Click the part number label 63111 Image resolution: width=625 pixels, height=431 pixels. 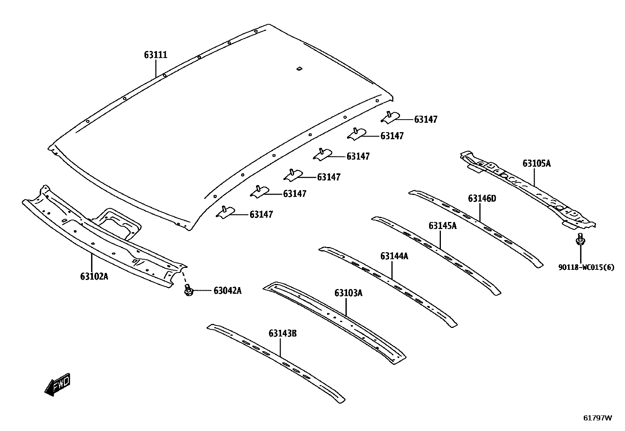[155, 55]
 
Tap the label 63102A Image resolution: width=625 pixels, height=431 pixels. [94, 276]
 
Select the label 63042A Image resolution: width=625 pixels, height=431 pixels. [228, 291]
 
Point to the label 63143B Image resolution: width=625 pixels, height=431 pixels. [283, 334]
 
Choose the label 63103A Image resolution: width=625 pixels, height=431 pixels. [348, 293]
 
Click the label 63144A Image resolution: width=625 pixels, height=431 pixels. [394, 256]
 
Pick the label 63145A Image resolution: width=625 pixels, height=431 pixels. [442, 226]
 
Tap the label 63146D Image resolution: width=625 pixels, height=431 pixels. [482, 199]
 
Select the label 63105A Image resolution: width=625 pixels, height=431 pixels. [536, 164]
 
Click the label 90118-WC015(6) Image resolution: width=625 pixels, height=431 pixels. [586, 267]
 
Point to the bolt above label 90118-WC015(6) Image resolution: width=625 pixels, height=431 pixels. [580, 239]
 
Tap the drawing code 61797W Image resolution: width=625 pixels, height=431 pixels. [597, 418]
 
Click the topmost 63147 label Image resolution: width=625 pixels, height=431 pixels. [426, 120]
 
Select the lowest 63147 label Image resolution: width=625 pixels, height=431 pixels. [261, 215]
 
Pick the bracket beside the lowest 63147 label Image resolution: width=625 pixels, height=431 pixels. [226, 212]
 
